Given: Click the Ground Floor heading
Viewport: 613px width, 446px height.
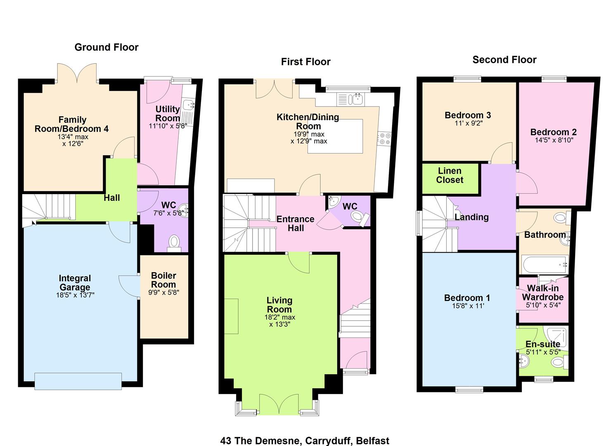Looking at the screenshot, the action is (x=107, y=47).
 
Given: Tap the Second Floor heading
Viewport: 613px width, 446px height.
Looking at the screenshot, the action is (x=504, y=60).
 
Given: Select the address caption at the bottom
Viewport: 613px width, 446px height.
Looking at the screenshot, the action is (x=305, y=441).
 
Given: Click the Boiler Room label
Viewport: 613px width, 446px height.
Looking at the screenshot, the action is (x=163, y=280).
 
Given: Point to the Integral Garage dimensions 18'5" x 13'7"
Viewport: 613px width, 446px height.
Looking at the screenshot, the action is (x=75, y=295).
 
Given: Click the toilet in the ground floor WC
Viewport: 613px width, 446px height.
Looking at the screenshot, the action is (x=173, y=244).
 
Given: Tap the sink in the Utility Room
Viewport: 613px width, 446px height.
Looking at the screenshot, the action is (x=189, y=104).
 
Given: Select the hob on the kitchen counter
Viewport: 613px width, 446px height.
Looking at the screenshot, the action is (x=384, y=138).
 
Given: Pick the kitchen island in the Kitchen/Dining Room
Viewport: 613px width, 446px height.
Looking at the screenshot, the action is (x=335, y=136).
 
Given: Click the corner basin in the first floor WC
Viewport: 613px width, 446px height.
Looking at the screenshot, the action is (x=334, y=202).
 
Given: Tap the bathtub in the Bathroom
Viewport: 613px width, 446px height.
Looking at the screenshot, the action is (x=544, y=265).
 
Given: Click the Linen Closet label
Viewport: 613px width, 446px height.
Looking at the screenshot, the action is (x=450, y=175).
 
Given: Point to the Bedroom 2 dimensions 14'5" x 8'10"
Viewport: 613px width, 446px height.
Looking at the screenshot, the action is (x=554, y=140).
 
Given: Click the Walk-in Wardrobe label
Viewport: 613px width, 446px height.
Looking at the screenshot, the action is (x=543, y=292).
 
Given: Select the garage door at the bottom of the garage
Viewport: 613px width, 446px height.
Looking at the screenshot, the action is (x=78, y=381).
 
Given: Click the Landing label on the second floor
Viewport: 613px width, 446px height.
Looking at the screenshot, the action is (x=471, y=217).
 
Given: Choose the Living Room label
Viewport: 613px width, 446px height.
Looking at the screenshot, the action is (x=279, y=305).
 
